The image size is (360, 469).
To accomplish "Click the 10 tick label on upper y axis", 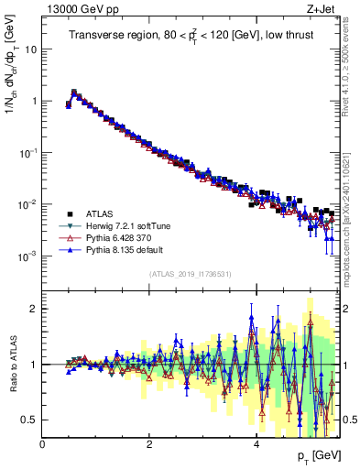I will pos(32,49).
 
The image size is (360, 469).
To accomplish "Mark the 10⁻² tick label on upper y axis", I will pos(29,206).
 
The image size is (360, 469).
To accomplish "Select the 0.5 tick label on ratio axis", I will pos(30,420).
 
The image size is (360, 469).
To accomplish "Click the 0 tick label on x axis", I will pos(43,444).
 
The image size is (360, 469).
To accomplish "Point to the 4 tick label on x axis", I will pos(256,444).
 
